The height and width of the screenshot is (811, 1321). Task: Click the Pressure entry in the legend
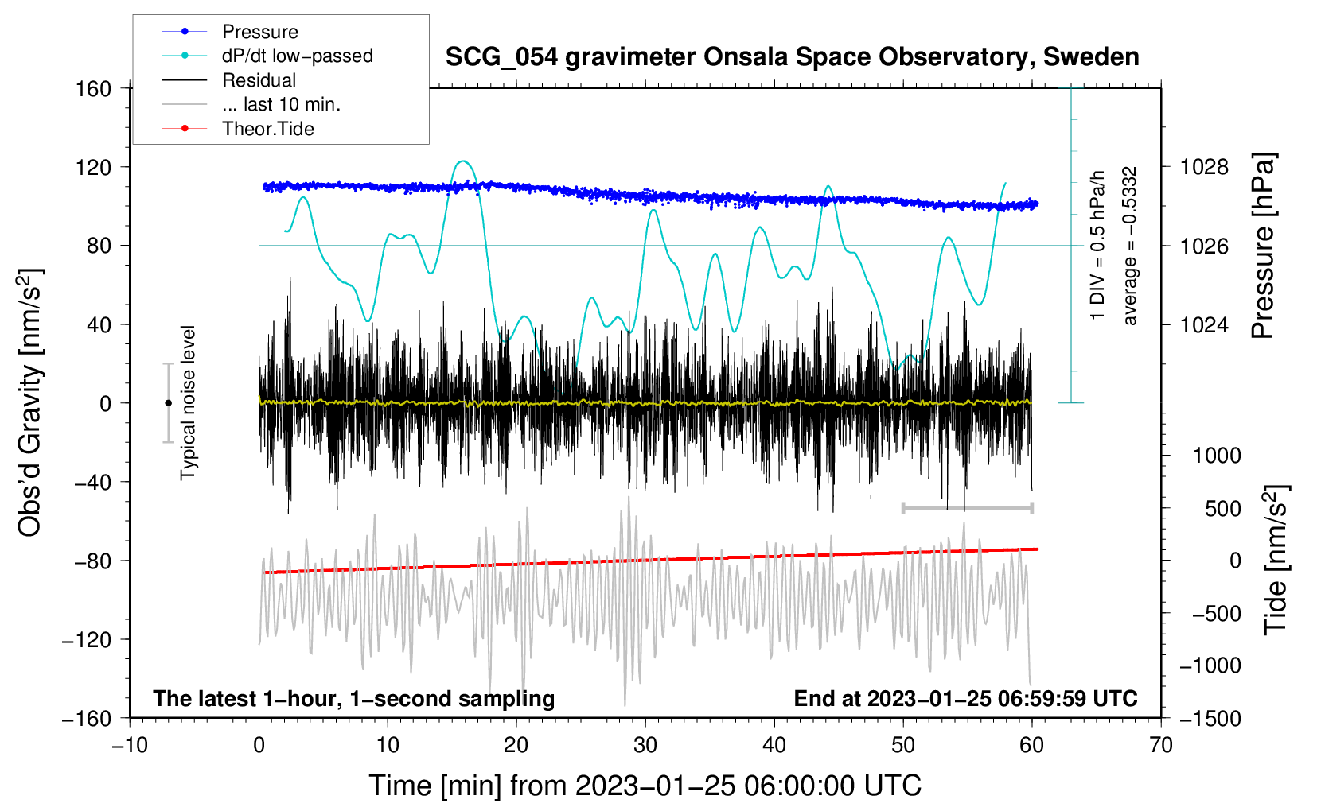click(x=259, y=32)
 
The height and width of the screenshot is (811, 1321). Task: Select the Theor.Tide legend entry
click(x=267, y=129)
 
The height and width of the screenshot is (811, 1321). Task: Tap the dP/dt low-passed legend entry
click(x=297, y=56)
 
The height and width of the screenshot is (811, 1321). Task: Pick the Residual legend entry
click(x=259, y=80)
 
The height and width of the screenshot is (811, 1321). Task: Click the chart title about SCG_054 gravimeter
click(x=792, y=57)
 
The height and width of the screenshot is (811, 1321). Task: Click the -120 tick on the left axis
click(x=87, y=640)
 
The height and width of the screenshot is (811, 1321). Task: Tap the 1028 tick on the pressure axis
click(x=1204, y=167)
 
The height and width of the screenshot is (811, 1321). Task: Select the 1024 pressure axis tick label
click(x=1204, y=325)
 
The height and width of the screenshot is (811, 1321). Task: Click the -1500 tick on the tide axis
click(x=1210, y=719)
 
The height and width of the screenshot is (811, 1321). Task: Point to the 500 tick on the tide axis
click(x=1222, y=509)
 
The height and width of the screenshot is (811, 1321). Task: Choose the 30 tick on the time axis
click(x=645, y=745)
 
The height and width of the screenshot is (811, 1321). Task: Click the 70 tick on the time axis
click(x=1161, y=745)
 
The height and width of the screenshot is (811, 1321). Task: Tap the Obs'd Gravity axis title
click(x=30, y=403)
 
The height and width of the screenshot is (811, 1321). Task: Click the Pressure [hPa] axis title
click(x=1264, y=246)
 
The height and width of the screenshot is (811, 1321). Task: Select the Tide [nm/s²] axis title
click(x=1276, y=560)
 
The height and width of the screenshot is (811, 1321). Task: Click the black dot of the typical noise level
click(x=168, y=403)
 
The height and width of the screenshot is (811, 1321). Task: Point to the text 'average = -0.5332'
click(x=1130, y=246)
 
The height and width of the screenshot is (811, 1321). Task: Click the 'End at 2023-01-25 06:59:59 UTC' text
click(x=965, y=698)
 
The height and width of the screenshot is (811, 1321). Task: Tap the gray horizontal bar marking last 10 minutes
click(x=967, y=507)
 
